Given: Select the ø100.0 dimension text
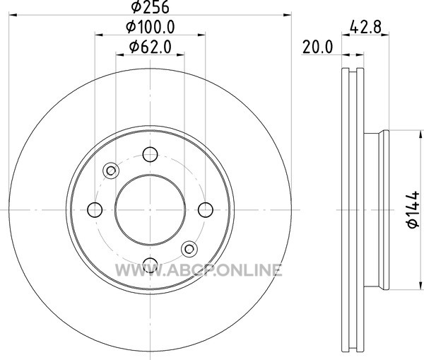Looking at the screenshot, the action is [151, 27].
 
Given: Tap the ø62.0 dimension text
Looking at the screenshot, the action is [151, 47].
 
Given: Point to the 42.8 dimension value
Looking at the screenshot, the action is [365, 27].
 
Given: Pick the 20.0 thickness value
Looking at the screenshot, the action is [317, 47].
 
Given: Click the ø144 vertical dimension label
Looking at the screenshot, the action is [413, 209].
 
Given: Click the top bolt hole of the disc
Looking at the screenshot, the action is [150, 154].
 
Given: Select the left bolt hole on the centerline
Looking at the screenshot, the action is [95, 210].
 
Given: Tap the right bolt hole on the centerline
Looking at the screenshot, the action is [206, 210].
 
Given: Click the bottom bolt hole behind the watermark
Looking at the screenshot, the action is [150, 265].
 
